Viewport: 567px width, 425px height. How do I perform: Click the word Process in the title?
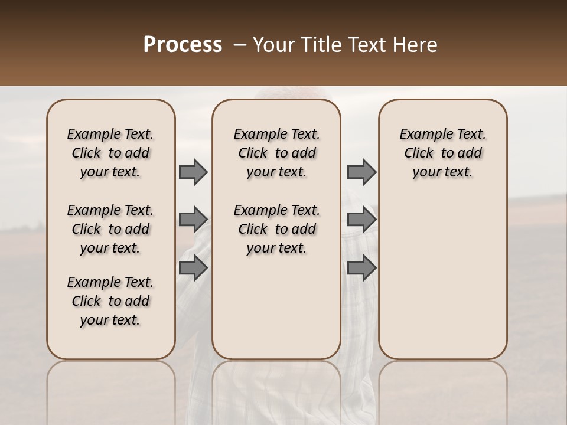point(183,45)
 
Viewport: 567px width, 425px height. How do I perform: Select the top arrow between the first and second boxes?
point(193,172)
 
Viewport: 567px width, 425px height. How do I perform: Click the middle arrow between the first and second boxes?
point(193,220)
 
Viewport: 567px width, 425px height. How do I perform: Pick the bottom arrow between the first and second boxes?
point(193,268)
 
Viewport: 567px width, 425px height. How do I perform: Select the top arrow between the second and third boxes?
point(361,172)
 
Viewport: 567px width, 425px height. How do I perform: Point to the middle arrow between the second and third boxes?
point(361,220)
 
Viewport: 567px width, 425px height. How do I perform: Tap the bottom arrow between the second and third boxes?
point(361,268)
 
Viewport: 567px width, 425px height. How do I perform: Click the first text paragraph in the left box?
point(110,153)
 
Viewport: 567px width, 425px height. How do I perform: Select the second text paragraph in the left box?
point(110,229)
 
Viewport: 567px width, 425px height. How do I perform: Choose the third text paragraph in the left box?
point(110,301)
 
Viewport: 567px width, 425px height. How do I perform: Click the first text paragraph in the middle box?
point(276,153)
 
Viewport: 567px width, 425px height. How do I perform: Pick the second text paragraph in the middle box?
point(276,229)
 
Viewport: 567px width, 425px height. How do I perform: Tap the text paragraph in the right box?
point(443,153)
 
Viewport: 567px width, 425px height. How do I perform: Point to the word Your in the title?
point(273,45)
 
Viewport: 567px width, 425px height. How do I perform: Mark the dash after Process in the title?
point(240,45)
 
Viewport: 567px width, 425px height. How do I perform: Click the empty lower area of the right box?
point(443,283)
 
